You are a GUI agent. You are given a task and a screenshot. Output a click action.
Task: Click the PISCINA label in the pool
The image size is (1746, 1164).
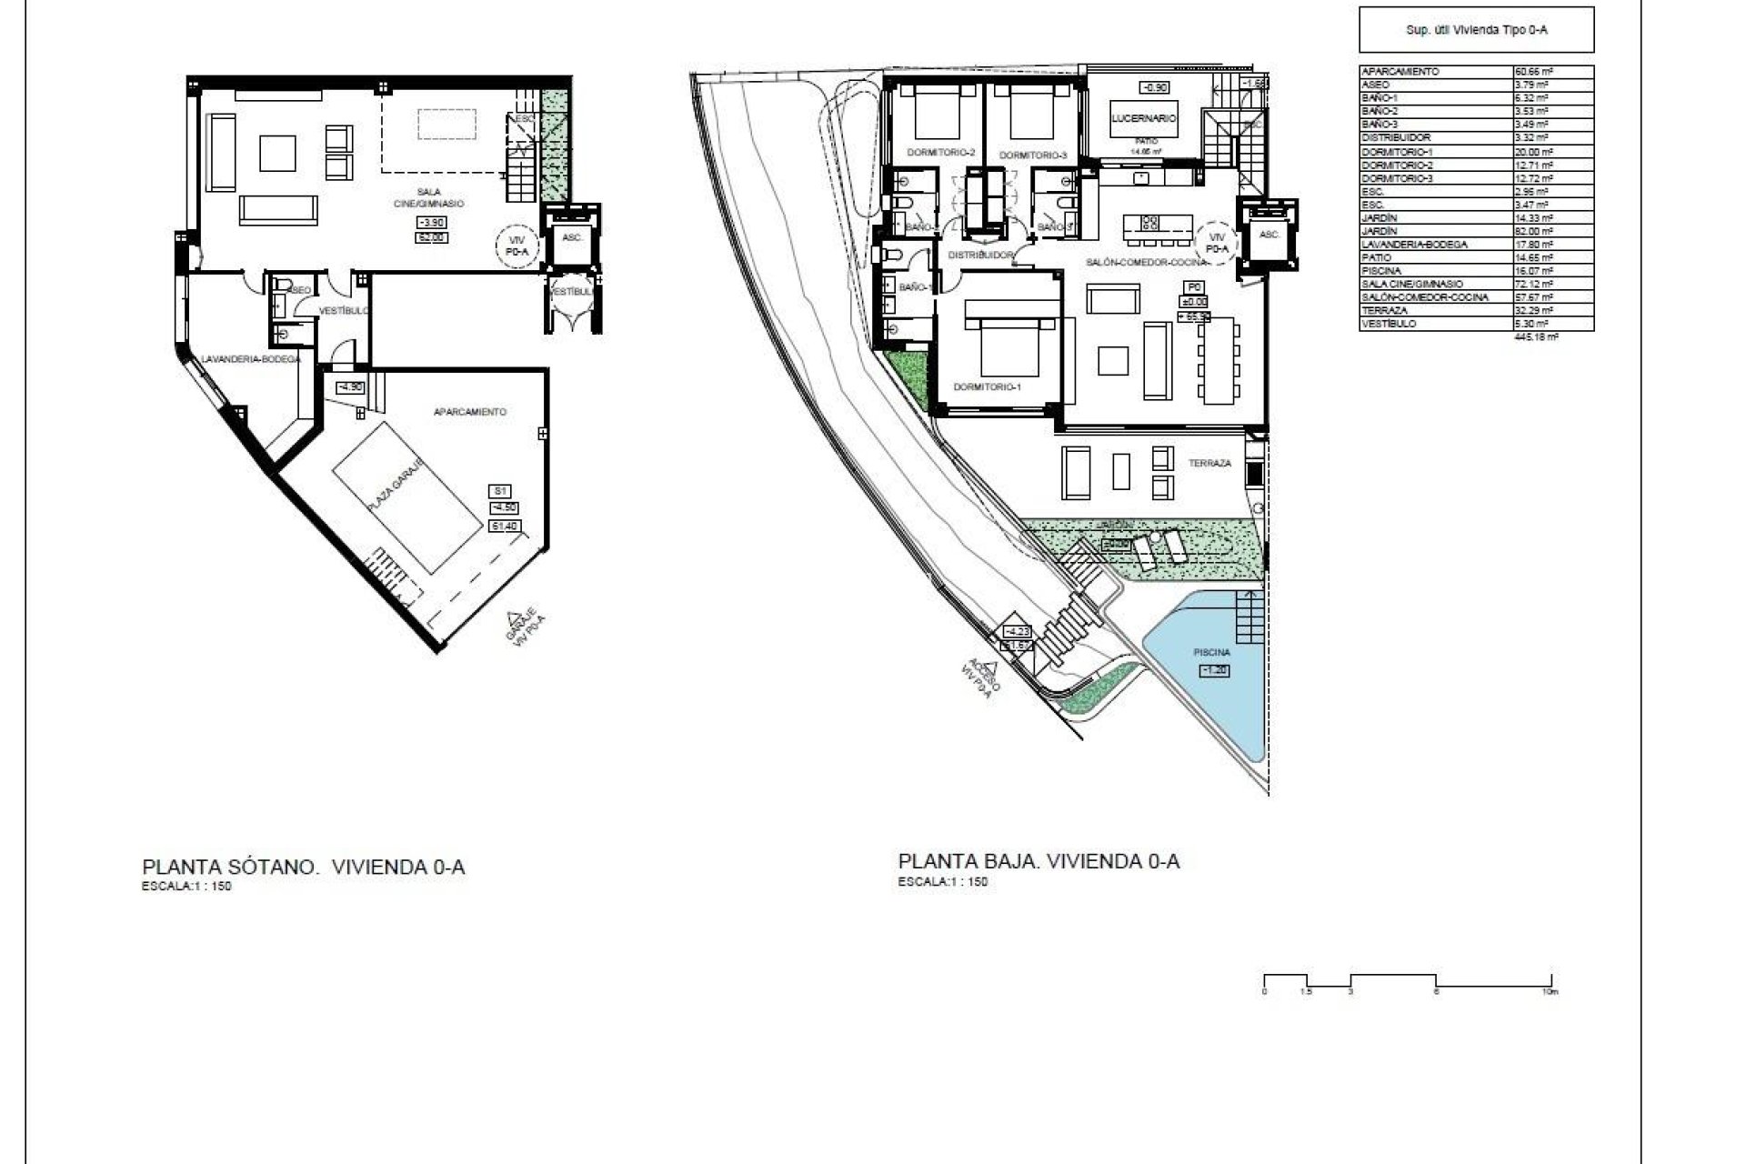click(x=1212, y=652)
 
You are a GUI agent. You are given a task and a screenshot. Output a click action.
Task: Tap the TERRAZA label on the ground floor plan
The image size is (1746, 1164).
click(x=1209, y=463)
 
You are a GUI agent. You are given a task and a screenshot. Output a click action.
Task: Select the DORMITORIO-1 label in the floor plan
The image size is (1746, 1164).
click(x=987, y=386)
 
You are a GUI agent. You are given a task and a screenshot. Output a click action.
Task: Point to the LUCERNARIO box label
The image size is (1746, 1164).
click(x=1144, y=118)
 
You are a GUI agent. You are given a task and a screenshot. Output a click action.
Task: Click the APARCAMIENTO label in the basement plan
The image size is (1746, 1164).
click(x=469, y=412)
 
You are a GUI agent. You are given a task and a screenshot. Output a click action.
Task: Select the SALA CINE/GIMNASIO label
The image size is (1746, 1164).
click(x=440, y=197)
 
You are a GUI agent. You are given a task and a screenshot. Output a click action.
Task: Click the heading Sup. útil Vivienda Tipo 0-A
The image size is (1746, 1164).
click(x=1476, y=30)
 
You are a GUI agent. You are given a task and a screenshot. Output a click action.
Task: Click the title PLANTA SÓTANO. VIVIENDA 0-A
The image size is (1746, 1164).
click(x=303, y=867)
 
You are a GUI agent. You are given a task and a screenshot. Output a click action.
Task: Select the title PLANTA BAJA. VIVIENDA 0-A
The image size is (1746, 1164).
click(x=1039, y=861)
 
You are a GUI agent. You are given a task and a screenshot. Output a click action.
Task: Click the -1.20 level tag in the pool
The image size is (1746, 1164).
click(x=1215, y=670)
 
